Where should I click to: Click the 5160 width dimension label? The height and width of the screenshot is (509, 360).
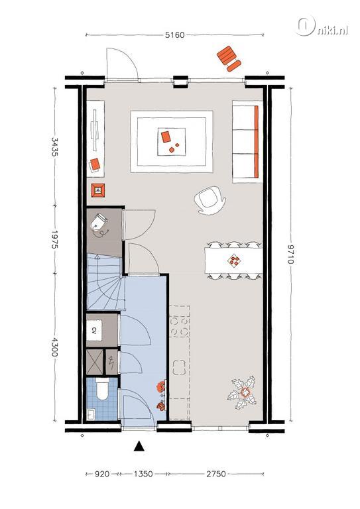pos(174,35)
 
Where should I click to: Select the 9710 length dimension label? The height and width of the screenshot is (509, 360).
pos(292,254)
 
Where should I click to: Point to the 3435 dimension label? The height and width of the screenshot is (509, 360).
pos(54,147)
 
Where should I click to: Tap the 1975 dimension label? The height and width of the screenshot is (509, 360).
pos(54,239)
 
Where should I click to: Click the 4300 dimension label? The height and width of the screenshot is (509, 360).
pos(54,347)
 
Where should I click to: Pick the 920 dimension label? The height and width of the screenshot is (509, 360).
pos(102,475)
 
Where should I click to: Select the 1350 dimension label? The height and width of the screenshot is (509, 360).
pos(143,475)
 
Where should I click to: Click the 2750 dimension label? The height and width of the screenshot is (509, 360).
pos(216,475)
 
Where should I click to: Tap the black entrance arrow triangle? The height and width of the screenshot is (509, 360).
pos(139,446)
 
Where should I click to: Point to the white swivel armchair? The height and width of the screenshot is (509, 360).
pos(210,200)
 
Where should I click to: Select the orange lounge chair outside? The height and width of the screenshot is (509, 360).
pos(229,59)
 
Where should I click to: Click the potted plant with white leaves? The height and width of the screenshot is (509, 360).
pos(243,393)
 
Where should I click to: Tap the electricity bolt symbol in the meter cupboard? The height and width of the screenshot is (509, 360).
pos(111,362)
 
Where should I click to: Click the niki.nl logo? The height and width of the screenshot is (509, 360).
pos(322,27)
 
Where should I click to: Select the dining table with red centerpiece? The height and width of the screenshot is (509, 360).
pos(233,260)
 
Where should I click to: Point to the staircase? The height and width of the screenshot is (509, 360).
pos(106,282)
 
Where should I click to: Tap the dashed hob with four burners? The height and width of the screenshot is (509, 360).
pos(180,321)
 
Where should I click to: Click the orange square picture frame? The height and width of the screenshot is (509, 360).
pos(98,190)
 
